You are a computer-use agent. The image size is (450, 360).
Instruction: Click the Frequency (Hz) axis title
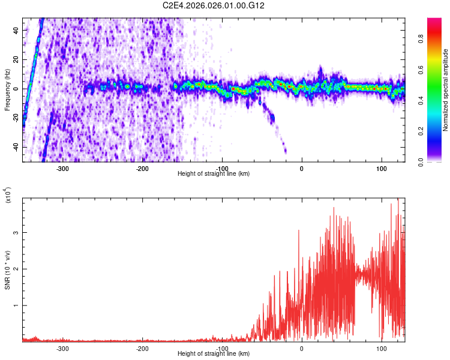pos(7,90)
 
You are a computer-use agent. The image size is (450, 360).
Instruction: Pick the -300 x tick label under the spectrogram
pos(62,169)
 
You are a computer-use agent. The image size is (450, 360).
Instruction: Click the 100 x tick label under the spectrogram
pos(381,169)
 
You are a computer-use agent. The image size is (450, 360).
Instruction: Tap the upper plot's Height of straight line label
pos(214,174)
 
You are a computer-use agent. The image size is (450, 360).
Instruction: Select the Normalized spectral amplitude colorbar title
pos(446,90)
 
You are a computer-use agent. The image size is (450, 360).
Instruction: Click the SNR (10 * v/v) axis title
pos(7,270)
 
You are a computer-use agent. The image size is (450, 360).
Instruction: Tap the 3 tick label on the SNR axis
pos(17,232)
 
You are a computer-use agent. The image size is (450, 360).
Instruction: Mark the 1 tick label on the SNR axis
pos(17,305)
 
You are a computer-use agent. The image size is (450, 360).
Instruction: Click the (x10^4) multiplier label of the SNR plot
pos(7,195)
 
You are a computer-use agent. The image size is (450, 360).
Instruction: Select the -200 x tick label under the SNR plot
pos(142,348)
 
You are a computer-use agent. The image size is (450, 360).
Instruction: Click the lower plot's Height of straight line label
pos(214,354)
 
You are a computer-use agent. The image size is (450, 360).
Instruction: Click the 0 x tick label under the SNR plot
pos(301,348)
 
